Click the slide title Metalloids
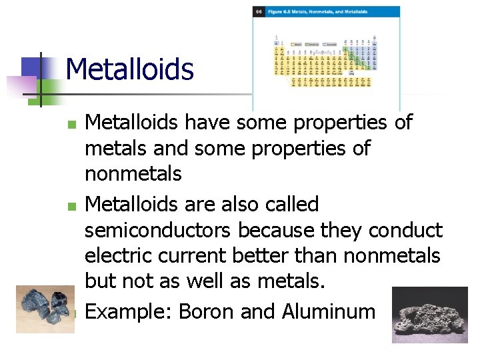[x=130, y=69]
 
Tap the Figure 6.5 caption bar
[x=327, y=12]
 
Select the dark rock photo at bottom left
[x=45, y=309]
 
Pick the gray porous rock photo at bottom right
[x=429, y=315]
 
